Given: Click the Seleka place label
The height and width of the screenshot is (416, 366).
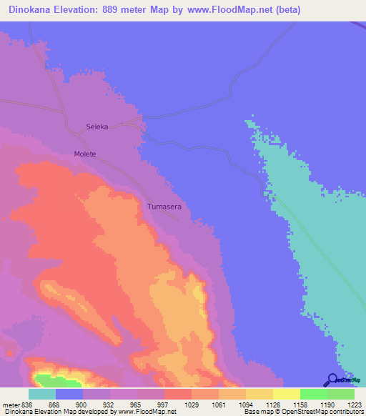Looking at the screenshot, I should (x=97, y=127).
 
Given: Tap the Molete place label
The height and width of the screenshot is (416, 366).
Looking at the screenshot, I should (x=84, y=154).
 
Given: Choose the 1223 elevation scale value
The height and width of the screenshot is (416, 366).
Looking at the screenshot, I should (x=355, y=405).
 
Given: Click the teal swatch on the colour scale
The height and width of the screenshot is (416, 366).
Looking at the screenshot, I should (x=41, y=394).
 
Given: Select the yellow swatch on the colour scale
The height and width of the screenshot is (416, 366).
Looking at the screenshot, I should (x=286, y=394).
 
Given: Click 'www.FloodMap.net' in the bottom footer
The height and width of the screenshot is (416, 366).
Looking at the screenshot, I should (x=149, y=412).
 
